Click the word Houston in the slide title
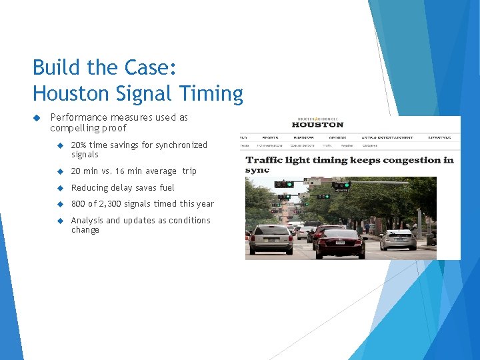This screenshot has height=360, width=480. point(70,93)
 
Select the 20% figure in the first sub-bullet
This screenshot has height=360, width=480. point(78,145)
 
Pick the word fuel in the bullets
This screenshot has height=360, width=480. point(166,187)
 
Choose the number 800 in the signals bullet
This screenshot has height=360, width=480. point(79,203)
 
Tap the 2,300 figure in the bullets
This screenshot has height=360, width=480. point(117,203)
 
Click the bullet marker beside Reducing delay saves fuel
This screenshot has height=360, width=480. point(59,187)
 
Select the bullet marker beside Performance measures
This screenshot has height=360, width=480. point(38,117)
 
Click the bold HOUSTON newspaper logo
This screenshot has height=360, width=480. point(318,124)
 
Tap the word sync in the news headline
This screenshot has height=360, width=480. point(257,169)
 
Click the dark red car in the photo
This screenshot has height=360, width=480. point(340,242)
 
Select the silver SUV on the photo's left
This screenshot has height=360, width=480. point(269,239)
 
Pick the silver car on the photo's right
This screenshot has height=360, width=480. point(398,239)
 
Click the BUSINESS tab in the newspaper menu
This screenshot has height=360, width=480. point(303,137)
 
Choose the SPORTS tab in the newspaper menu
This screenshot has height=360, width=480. point(271,137)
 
